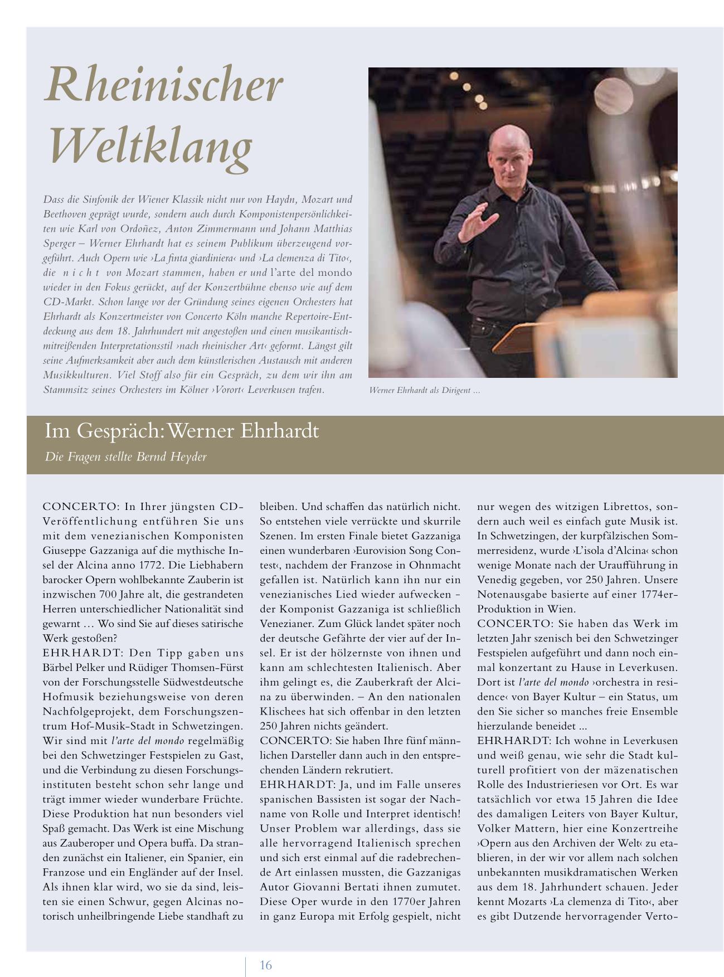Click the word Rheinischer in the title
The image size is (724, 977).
[163, 85]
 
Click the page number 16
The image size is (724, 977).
[266, 965]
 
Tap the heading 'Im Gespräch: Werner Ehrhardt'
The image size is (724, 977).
[182, 431]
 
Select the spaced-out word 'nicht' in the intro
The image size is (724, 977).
[80, 273]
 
